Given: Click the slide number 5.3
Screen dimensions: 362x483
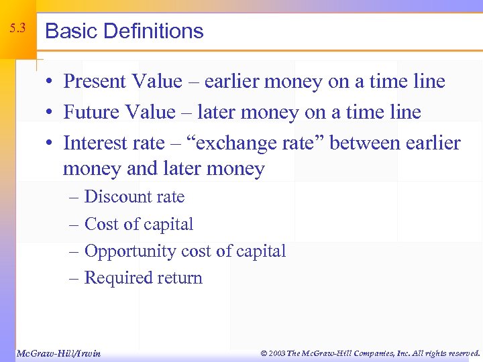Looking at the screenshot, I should coord(18,28).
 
